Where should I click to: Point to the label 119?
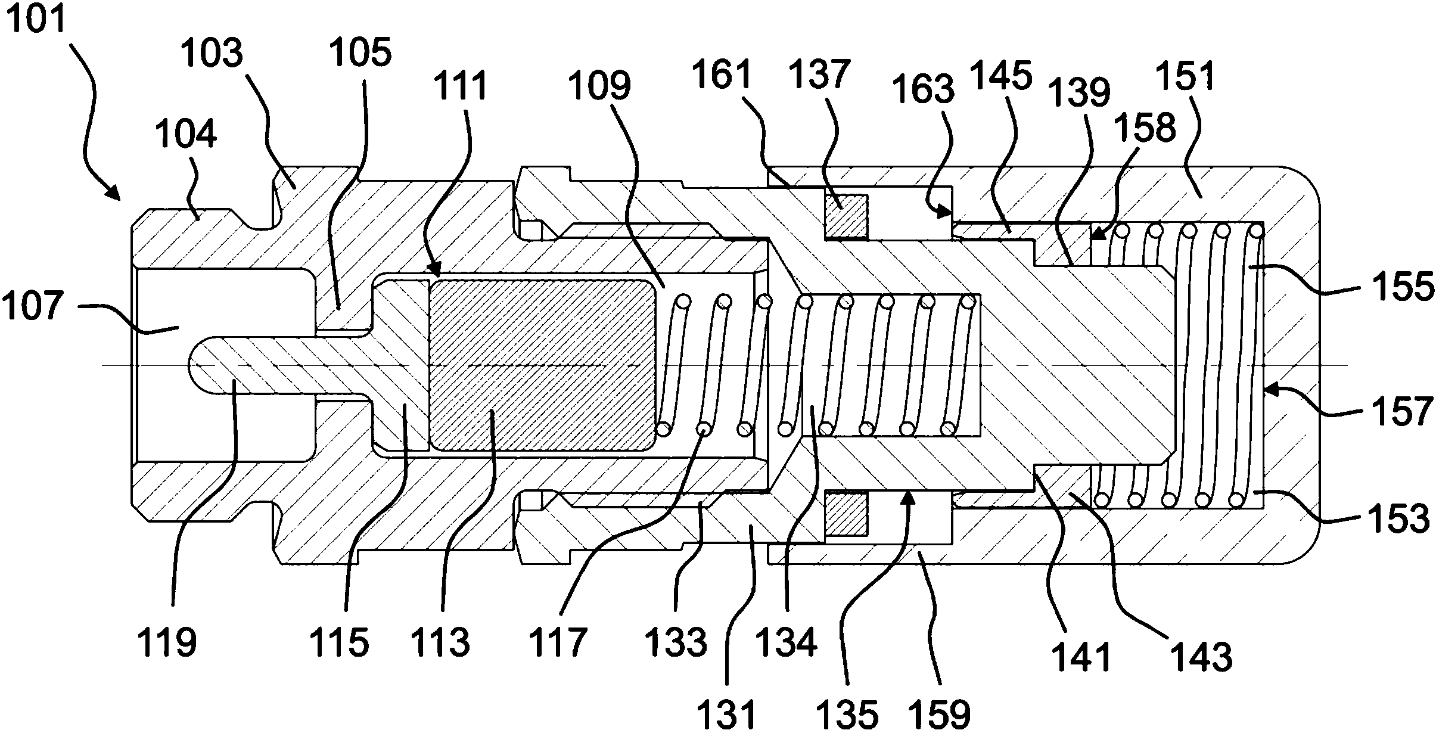coord(167,644)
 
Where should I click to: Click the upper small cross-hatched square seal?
coord(846,216)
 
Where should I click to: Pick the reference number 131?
coord(728,713)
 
